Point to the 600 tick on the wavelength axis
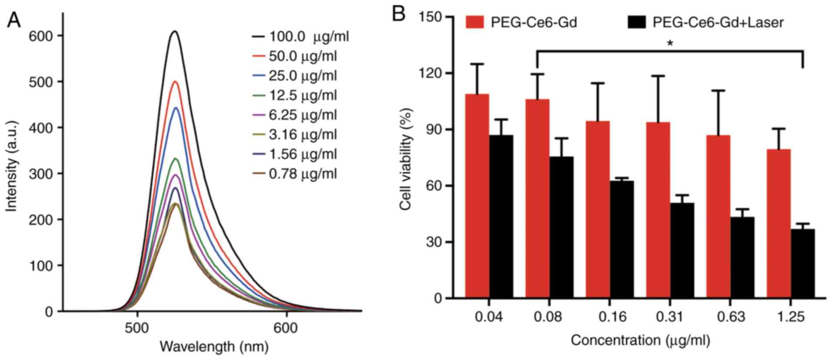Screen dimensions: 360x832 click(x=286, y=328)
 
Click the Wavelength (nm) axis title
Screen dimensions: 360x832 click(x=214, y=347)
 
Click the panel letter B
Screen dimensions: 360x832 click(x=398, y=14)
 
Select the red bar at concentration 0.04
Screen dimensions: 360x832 click(x=477, y=196)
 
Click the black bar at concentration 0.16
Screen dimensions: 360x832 click(x=621, y=240)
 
